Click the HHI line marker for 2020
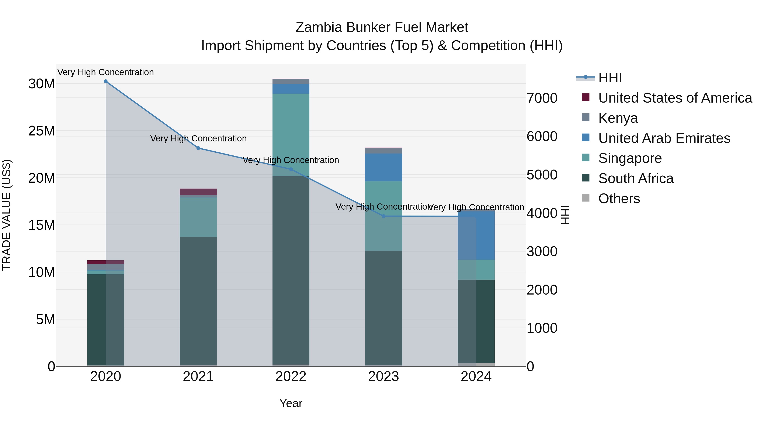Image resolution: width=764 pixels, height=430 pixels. (x=106, y=81)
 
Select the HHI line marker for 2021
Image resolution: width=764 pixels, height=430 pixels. (x=198, y=148)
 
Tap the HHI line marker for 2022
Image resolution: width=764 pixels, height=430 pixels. (x=291, y=169)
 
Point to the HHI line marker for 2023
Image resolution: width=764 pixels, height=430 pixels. (x=383, y=216)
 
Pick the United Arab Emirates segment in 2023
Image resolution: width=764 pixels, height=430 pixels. (x=383, y=167)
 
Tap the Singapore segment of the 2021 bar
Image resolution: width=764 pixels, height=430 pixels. (x=198, y=217)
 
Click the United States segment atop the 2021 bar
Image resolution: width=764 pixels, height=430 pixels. (x=198, y=192)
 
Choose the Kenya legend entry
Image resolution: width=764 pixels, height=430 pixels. (x=618, y=118)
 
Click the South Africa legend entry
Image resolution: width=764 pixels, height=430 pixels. (x=636, y=179)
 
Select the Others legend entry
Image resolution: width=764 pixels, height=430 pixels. (x=619, y=199)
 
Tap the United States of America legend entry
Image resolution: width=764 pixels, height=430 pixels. (x=675, y=98)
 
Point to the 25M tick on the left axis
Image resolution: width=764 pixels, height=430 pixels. (x=42, y=131)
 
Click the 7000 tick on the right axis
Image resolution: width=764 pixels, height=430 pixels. (x=542, y=98)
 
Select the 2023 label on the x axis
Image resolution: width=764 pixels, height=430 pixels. (x=383, y=376)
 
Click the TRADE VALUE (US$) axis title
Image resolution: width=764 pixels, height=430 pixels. (x=7, y=215)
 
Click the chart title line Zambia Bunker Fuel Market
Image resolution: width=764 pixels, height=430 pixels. (x=382, y=27)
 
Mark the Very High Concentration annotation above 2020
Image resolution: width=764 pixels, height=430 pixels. (x=106, y=72)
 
